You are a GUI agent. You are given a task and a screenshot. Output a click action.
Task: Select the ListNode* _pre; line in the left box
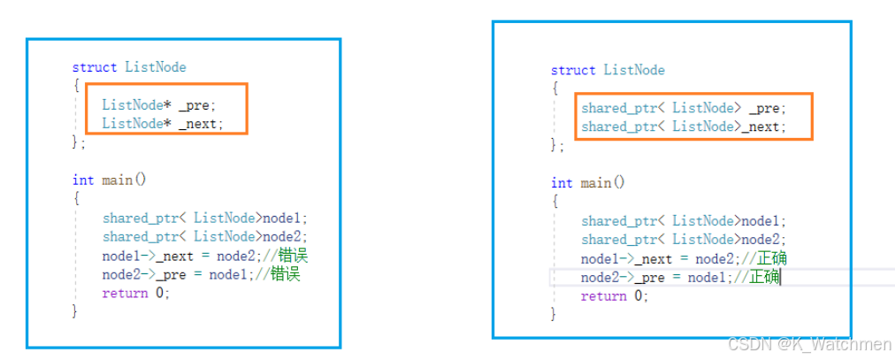(x=158, y=104)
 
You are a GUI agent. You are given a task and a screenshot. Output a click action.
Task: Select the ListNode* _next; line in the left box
(x=163, y=124)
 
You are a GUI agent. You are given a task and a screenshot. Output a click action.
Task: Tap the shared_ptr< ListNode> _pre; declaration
(x=683, y=108)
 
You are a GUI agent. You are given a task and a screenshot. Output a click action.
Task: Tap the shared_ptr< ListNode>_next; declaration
(x=683, y=127)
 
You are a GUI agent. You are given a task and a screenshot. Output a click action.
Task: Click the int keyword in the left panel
(x=82, y=180)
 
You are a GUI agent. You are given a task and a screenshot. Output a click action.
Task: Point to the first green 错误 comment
(x=293, y=256)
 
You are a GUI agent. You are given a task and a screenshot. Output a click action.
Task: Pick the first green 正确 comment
(x=771, y=258)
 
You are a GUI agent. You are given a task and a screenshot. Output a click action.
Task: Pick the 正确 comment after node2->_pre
(x=763, y=278)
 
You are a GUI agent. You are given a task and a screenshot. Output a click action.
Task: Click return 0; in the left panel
(x=135, y=293)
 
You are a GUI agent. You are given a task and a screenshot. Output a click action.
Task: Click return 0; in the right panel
(x=614, y=296)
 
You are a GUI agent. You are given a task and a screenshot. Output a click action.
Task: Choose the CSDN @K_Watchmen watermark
(x=808, y=344)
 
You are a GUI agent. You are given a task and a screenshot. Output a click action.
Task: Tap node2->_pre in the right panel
(x=611, y=278)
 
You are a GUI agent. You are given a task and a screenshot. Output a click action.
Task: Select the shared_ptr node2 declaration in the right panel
(x=683, y=240)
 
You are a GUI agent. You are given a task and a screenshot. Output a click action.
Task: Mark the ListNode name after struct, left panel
(x=155, y=67)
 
